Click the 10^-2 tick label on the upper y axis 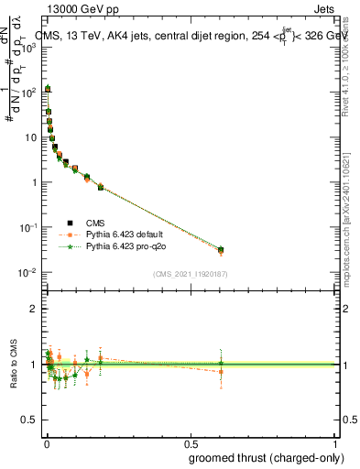[27, 272]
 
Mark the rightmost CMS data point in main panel [221, 249]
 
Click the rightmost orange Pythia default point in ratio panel [221, 371]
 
